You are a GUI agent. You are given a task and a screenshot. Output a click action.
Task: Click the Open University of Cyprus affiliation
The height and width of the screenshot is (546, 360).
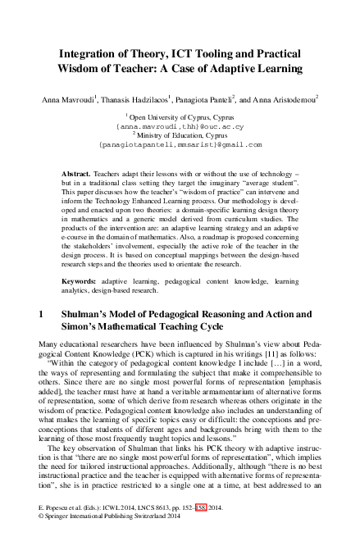coord(180,119)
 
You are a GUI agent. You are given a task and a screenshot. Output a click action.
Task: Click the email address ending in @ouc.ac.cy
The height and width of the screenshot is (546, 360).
coord(180,127)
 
